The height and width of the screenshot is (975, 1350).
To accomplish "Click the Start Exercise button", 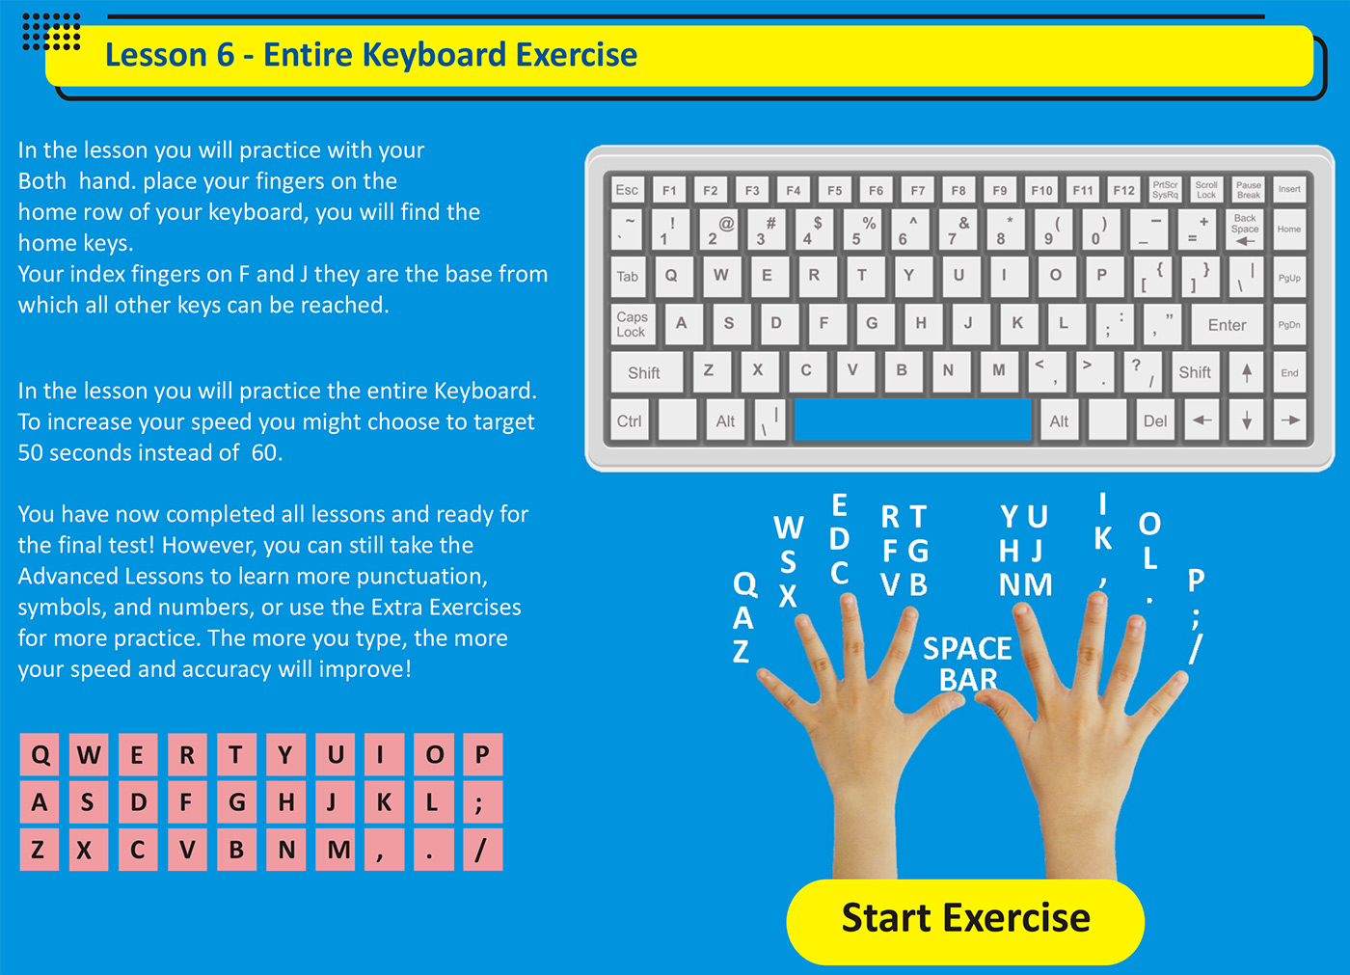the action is pos(965,921).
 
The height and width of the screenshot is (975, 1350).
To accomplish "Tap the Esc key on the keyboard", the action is pos(627,190).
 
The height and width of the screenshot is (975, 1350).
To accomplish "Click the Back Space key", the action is pos(1245,230).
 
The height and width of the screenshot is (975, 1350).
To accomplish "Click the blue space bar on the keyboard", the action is pos(912,420).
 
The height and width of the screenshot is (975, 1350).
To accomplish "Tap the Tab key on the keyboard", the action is pos(628,277).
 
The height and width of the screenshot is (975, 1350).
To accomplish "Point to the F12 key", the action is pos(1124,190).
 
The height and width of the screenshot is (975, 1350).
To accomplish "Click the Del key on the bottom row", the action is pos(1155,420).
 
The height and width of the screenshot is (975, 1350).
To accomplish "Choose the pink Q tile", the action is pos(40,754).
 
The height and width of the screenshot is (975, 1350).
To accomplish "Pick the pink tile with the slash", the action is pos(483,850).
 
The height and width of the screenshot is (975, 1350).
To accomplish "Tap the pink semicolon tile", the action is pos(483,802).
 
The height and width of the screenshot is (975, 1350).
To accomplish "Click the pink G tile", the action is pos(237,802).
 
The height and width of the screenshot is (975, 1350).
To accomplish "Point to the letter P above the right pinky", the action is pos(1196,580).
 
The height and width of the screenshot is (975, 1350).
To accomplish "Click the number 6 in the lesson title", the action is pos(226,55).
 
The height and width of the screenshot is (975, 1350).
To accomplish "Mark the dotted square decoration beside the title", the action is pos(51,31).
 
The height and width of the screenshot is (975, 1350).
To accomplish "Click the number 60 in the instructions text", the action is pos(264,452).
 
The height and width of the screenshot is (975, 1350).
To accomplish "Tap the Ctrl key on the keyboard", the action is pos(630,420).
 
